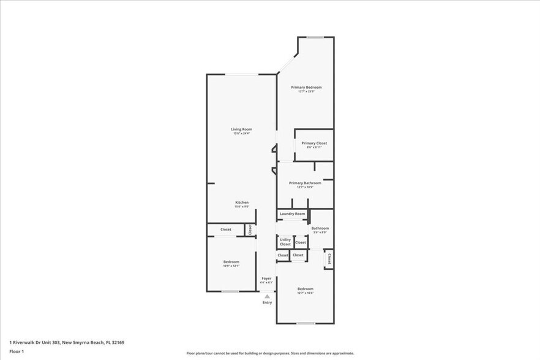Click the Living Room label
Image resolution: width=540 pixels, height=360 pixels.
(x=241, y=129)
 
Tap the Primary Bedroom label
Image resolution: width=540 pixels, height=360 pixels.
(x=306, y=87)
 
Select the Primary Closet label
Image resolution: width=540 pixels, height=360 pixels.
(x=314, y=143)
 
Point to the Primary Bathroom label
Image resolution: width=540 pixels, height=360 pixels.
(x=305, y=182)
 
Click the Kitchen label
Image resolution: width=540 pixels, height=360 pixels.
(x=242, y=202)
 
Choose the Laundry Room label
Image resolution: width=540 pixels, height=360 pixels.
(x=292, y=214)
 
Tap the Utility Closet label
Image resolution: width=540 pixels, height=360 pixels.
(x=285, y=242)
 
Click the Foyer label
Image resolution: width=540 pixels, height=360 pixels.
(x=266, y=278)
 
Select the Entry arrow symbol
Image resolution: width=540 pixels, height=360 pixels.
(x=267, y=296)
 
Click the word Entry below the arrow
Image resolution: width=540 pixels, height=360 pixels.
(x=267, y=302)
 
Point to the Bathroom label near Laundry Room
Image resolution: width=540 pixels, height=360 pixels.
(x=320, y=228)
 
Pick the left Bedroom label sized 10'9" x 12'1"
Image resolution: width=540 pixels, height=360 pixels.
(x=231, y=261)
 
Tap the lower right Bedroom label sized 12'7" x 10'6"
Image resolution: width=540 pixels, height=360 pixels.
(x=306, y=288)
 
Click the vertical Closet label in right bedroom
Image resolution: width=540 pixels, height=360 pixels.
(x=329, y=258)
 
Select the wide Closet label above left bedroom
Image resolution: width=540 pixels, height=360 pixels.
(x=226, y=230)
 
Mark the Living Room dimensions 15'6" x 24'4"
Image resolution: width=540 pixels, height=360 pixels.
(x=241, y=133)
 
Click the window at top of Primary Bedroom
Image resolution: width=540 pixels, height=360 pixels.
(x=315, y=37)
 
